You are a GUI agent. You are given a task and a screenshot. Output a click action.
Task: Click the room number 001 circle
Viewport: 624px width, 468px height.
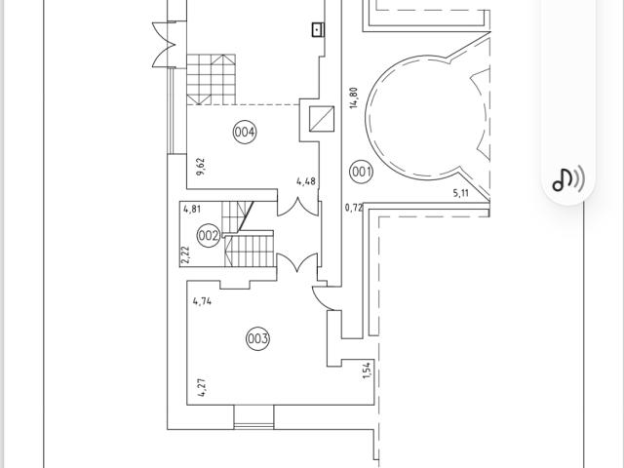(361, 173)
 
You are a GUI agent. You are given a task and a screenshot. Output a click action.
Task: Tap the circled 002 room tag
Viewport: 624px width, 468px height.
(209, 235)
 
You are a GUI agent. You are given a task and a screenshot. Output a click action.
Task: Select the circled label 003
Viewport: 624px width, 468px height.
(257, 338)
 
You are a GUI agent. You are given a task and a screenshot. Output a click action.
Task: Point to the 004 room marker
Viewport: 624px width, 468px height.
(245, 132)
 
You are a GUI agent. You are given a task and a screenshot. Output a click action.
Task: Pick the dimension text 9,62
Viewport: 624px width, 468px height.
(201, 167)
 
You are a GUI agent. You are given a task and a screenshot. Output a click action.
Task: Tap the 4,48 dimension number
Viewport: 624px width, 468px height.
(306, 181)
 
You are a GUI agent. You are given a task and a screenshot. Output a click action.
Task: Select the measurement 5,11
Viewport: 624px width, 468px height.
(462, 193)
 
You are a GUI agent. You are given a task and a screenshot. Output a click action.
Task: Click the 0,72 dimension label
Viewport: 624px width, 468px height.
(354, 208)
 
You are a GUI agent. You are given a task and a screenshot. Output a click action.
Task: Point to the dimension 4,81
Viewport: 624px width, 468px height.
(192, 208)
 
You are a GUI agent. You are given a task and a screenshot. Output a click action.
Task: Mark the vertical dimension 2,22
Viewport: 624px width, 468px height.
(185, 254)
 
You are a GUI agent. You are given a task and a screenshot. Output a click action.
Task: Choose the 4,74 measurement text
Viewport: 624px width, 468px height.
(203, 301)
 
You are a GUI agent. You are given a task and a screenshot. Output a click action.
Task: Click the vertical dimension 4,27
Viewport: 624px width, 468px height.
(201, 386)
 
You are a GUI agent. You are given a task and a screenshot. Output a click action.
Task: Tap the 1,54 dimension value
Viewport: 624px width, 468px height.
(367, 370)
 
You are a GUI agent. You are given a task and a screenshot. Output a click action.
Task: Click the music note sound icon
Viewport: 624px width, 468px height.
(568, 178)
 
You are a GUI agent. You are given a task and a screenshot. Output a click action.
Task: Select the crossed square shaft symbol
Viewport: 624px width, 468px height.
(321, 118)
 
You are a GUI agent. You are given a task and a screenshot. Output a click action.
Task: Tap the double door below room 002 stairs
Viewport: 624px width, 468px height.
(297, 264)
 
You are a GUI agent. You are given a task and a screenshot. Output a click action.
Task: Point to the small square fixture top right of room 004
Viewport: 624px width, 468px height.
(318, 29)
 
